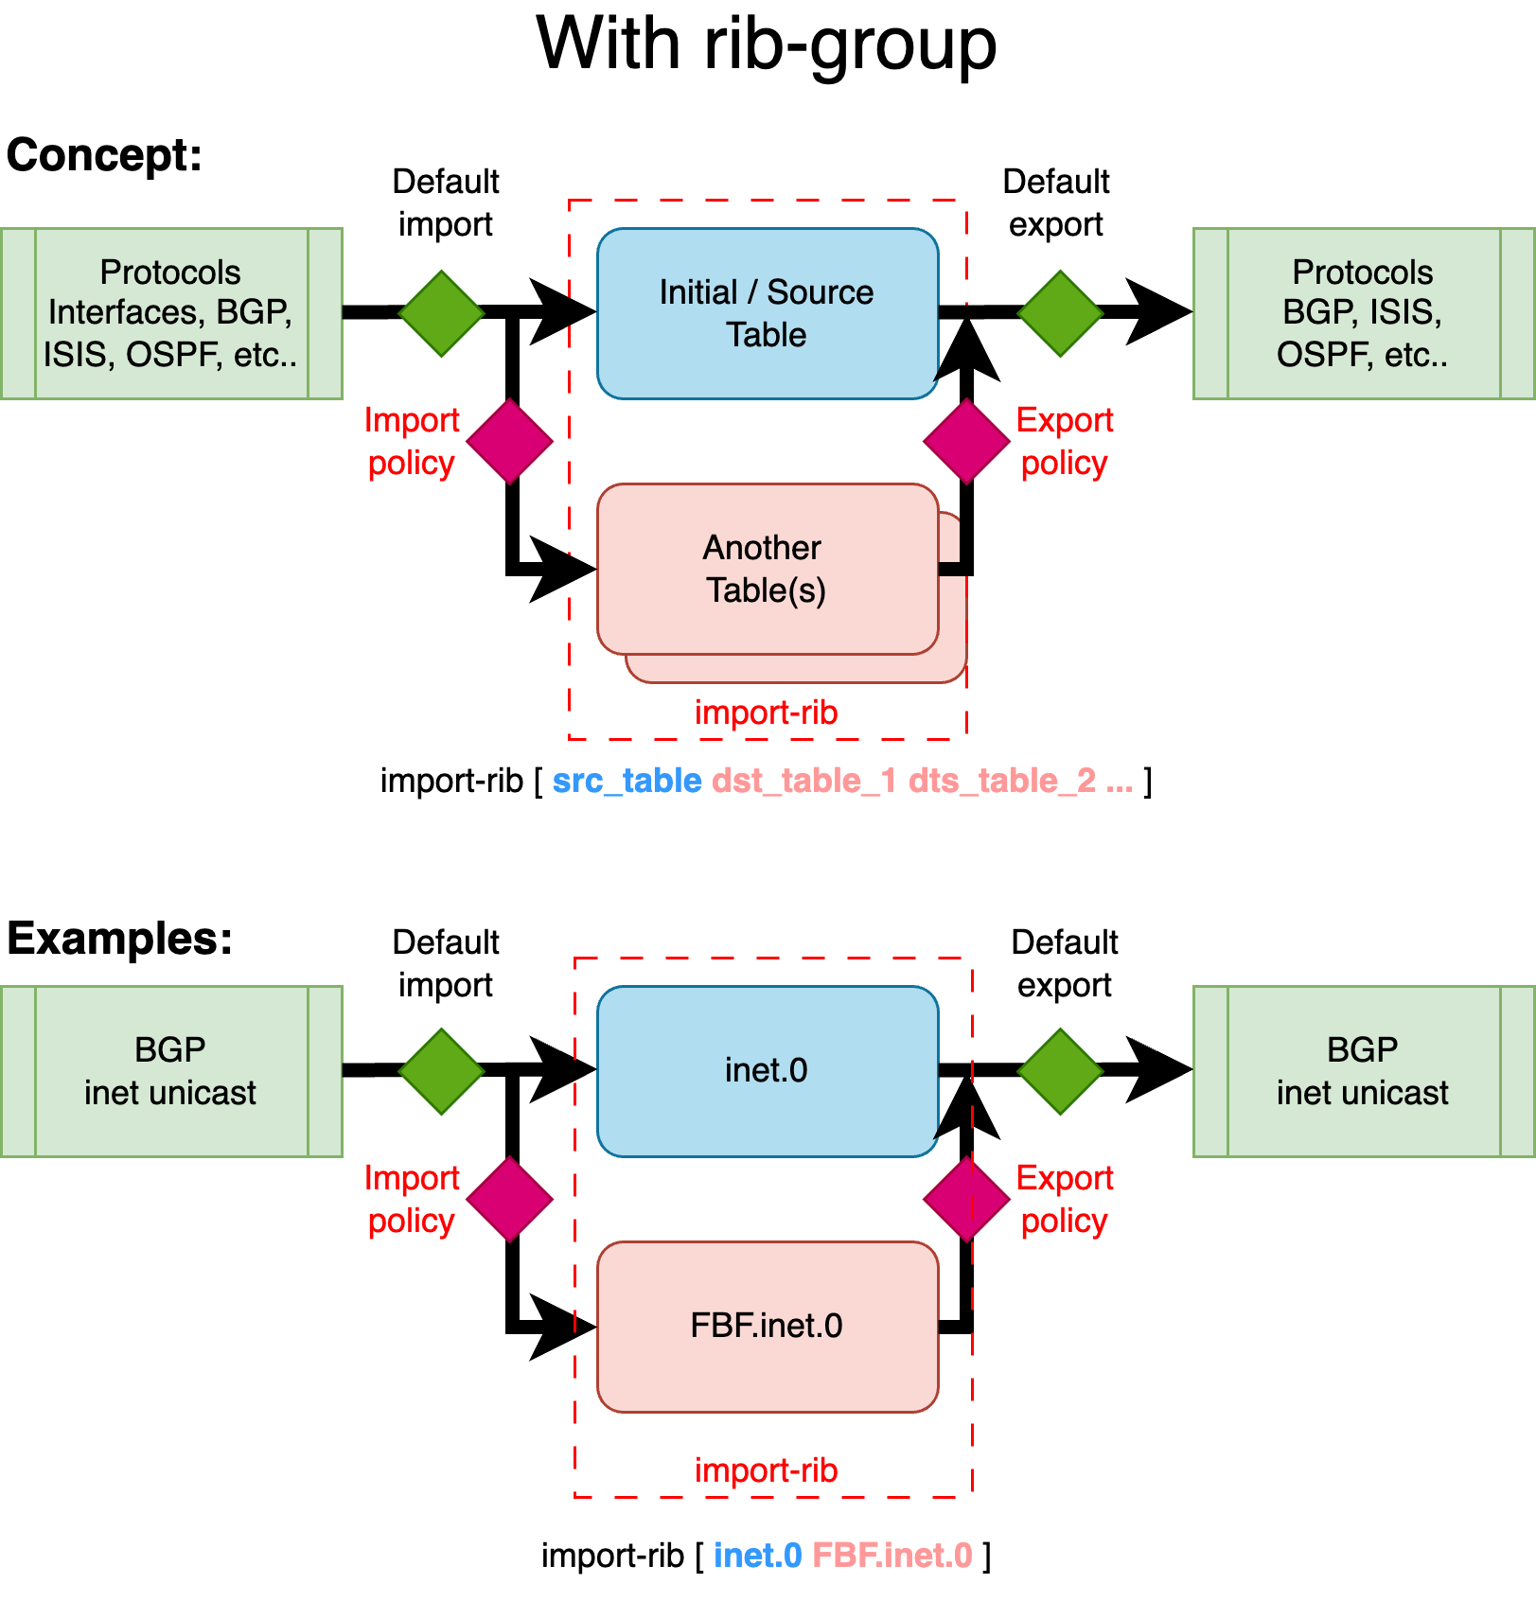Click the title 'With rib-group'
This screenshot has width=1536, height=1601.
tap(767, 44)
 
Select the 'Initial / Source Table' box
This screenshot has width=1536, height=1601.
tap(767, 313)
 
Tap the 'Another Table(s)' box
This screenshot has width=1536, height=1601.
tap(767, 569)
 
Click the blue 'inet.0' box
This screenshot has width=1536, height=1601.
tap(767, 1070)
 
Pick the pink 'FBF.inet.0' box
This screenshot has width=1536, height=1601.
tap(767, 1326)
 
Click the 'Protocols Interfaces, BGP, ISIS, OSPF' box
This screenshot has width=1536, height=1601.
tap(170, 313)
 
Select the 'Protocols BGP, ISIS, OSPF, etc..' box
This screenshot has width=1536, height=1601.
tap(1363, 313)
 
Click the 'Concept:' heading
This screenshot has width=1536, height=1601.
tap(104, 154)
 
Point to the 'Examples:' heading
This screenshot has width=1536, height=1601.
tap(119, 939)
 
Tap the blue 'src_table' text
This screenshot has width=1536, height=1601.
tap(627, 781)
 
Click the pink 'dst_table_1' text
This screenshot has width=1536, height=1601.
tap(803, 781)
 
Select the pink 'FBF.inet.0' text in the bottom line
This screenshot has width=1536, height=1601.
tap(892, 1555)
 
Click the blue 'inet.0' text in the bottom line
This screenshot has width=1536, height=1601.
tap(757, 1555)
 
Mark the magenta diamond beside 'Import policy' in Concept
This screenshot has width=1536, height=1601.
tap(510, 441)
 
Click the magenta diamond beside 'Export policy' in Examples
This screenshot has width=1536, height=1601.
tap(966, 1199)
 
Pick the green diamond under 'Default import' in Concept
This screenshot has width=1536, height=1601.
tap(442, 313)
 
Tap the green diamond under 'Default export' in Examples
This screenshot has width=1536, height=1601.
tap(1061, 1071)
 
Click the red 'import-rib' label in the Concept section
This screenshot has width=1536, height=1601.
tap(767, 713)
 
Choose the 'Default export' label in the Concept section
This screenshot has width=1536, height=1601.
tap(1056, 202)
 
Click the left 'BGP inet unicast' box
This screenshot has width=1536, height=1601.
tap(170, 1071)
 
